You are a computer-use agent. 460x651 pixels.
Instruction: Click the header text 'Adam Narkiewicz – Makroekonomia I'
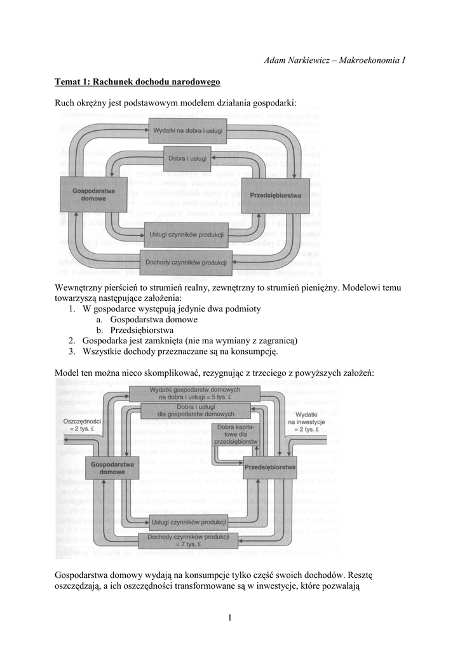click(x=334, y=60)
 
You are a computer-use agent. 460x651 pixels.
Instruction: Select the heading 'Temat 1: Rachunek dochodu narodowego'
click(x=137, y=81)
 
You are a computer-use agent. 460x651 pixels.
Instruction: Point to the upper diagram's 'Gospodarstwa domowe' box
click(x=90, y=194)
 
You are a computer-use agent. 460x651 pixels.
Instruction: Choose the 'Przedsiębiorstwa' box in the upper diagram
click(x=275, y=195)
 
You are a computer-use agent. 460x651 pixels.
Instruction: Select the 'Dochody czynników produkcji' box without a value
click(x=187, y=262)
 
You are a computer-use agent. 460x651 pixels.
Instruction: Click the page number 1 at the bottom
click(x=229, y=617)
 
